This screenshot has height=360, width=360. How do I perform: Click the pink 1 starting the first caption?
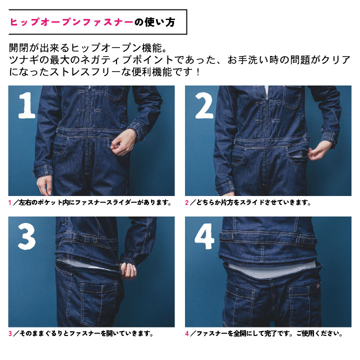click(10, 203)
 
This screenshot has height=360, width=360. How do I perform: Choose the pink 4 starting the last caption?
click(187, 333)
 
